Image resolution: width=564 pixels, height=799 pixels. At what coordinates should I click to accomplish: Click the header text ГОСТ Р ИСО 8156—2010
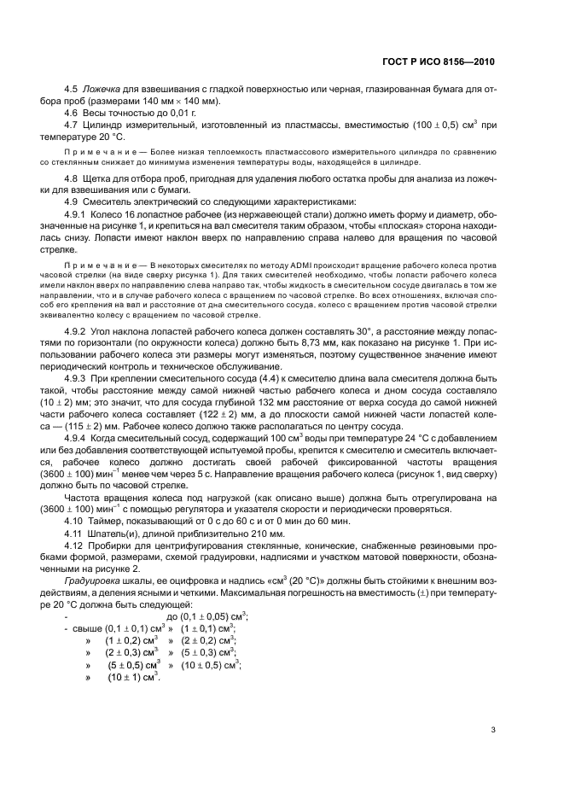[438, 62]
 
